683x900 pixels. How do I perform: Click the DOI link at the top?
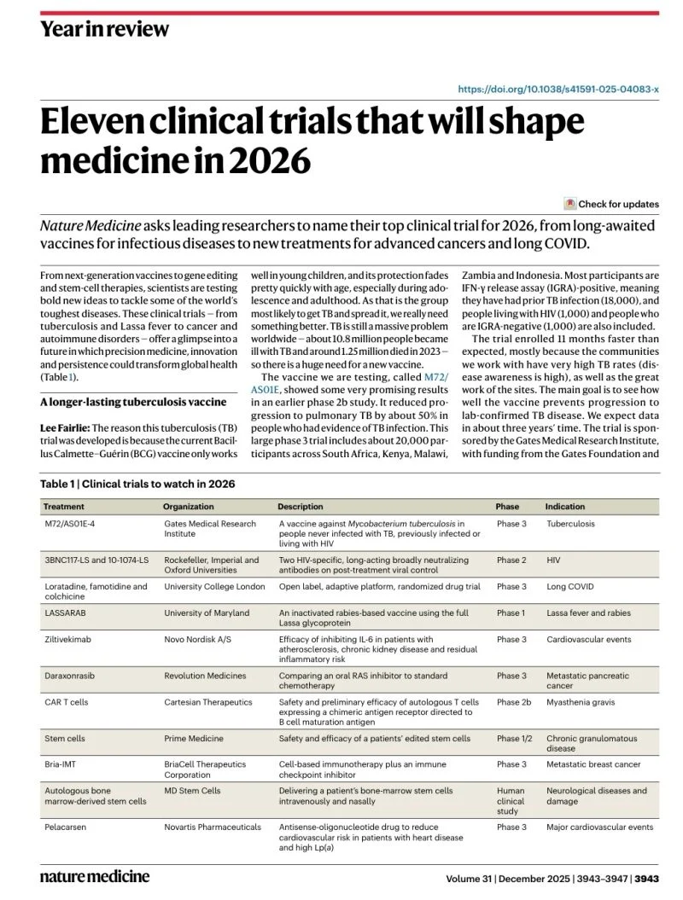point(558,89)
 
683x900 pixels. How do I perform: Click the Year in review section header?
point(104,29)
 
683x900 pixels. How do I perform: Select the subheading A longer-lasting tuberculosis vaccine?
point(133,402)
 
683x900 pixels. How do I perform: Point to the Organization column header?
point(189,506)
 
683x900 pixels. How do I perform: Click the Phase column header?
point(507,506)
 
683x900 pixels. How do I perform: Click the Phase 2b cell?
point(514,702)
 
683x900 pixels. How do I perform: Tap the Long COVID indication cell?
point(569,587)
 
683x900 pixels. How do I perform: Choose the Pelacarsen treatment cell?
point(67,827)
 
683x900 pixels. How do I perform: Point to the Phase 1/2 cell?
point(514,738)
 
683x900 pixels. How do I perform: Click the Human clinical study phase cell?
point(511,802)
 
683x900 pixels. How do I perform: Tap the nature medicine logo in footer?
point(95,876)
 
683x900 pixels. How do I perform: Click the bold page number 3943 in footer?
point(646,878)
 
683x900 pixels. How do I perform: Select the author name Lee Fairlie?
point(64,427)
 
